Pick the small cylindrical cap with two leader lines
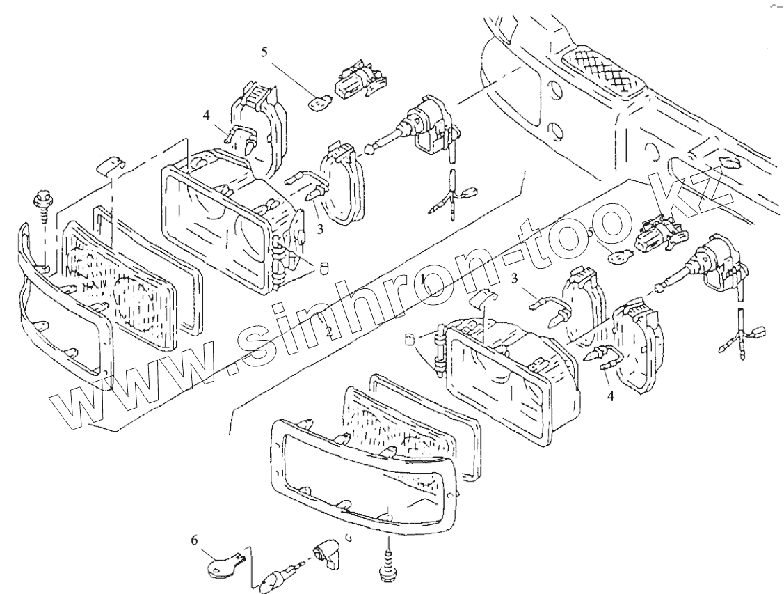click(x=410, y=339)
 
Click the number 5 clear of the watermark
click(x=264, y=51)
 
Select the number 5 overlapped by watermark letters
click(x=591, y=233)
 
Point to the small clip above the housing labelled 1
click(x=491, y=297)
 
